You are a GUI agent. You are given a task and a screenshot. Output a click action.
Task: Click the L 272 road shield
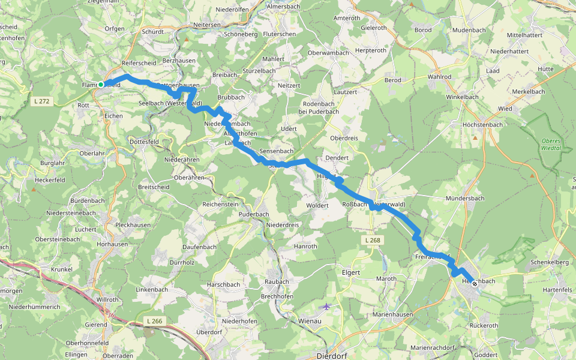pos(41,101)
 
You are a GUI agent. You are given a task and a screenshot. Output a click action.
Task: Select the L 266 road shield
pos(154,321)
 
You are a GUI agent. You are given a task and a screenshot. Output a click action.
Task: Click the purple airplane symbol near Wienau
pos(326,307)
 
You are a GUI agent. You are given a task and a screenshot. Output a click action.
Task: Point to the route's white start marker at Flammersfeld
pos(101,85)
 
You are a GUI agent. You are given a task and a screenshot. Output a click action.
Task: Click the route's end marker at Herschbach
pos(475,283)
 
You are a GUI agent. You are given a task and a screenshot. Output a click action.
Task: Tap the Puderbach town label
pos(253,214)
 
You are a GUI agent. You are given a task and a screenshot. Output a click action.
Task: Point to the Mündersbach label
pos(465,198)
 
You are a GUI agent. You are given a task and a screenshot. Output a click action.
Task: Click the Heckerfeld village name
pos(50,180)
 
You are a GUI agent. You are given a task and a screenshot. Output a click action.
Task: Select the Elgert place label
pos(350,272)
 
